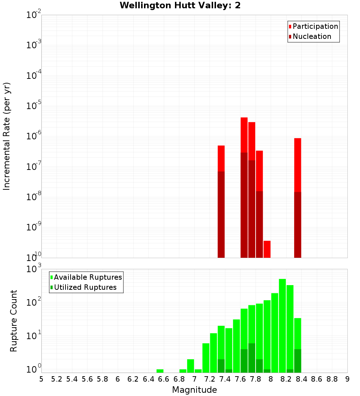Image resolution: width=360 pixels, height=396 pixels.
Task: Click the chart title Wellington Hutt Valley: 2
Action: coord(180,5)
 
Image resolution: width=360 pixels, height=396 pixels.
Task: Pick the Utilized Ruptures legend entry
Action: coord(85,288)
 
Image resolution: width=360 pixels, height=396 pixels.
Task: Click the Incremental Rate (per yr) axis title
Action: coord(7,136)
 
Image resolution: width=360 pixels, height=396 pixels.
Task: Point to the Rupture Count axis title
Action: coord(14,321)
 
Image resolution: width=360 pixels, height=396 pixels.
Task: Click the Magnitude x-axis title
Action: coord(194,390)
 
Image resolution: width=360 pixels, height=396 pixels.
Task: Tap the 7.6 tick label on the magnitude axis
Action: coord(240,379)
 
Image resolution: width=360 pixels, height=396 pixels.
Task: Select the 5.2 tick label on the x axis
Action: coord(57,379)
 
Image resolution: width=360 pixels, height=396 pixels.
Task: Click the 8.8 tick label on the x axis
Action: coord(332,379)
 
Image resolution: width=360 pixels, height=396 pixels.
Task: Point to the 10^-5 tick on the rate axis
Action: coord(34,106)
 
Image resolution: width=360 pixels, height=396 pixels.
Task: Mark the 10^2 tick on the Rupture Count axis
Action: coord(34,302)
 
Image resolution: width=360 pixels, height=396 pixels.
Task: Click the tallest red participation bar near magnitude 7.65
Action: coord(244,135)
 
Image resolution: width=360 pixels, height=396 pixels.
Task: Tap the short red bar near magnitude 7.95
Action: coord(267,249)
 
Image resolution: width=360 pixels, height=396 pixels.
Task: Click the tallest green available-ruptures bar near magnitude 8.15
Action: coord(282,324)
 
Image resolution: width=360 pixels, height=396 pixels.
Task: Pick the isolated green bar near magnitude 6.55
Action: coord(160,371)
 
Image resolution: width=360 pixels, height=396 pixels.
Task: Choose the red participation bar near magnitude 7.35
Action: coord(221,158)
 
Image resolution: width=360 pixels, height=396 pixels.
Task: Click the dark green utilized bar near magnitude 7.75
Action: coord(252,358)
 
